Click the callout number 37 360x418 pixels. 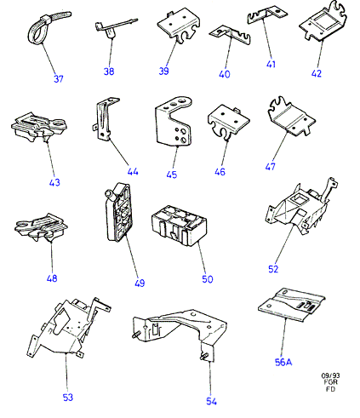pyautogui.click(x=59, y=78)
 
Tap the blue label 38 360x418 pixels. pyautogui.click(x=109, y=72)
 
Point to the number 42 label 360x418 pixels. pyautogui.click(x=317, y=73)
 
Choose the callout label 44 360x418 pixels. pyautogui.click(x=133, y=171)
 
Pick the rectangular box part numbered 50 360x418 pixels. pyautogui.click(x=179, y=226)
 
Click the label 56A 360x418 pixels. pyautogui.click(x=283, y=362)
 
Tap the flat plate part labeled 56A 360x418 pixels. pyautogui.click(x=292, y=306)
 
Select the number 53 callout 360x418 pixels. pyautogui.click(x=68, y=398)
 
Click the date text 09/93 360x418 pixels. pyautogui.click(x=330, y=375)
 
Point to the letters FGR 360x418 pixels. pyautogui.click(x=330, y=382)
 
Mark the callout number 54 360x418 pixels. pyautogui.click(x=211, y=401)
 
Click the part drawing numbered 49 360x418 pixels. pyautogui.click(x=118, y=212)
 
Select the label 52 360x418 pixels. pyautogui.click(x=273, y=269)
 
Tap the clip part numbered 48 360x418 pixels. pyautogui.click(x=41, y=227)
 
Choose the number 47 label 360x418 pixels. pyautogui.click(x=270, y=166)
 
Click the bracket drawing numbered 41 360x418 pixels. pyautogui.click(x=266, y=14)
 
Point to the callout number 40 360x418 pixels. pyautogui.click(x=225, y=74)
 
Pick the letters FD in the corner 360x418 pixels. pyautogui.click(x=330, y=389)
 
